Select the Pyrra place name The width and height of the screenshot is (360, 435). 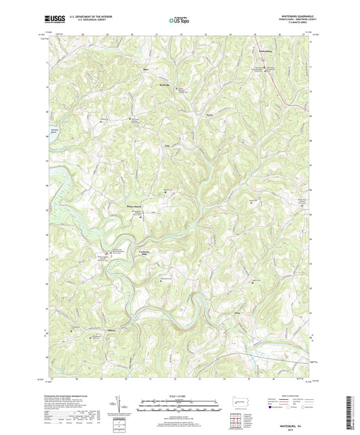tap(210, 116)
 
